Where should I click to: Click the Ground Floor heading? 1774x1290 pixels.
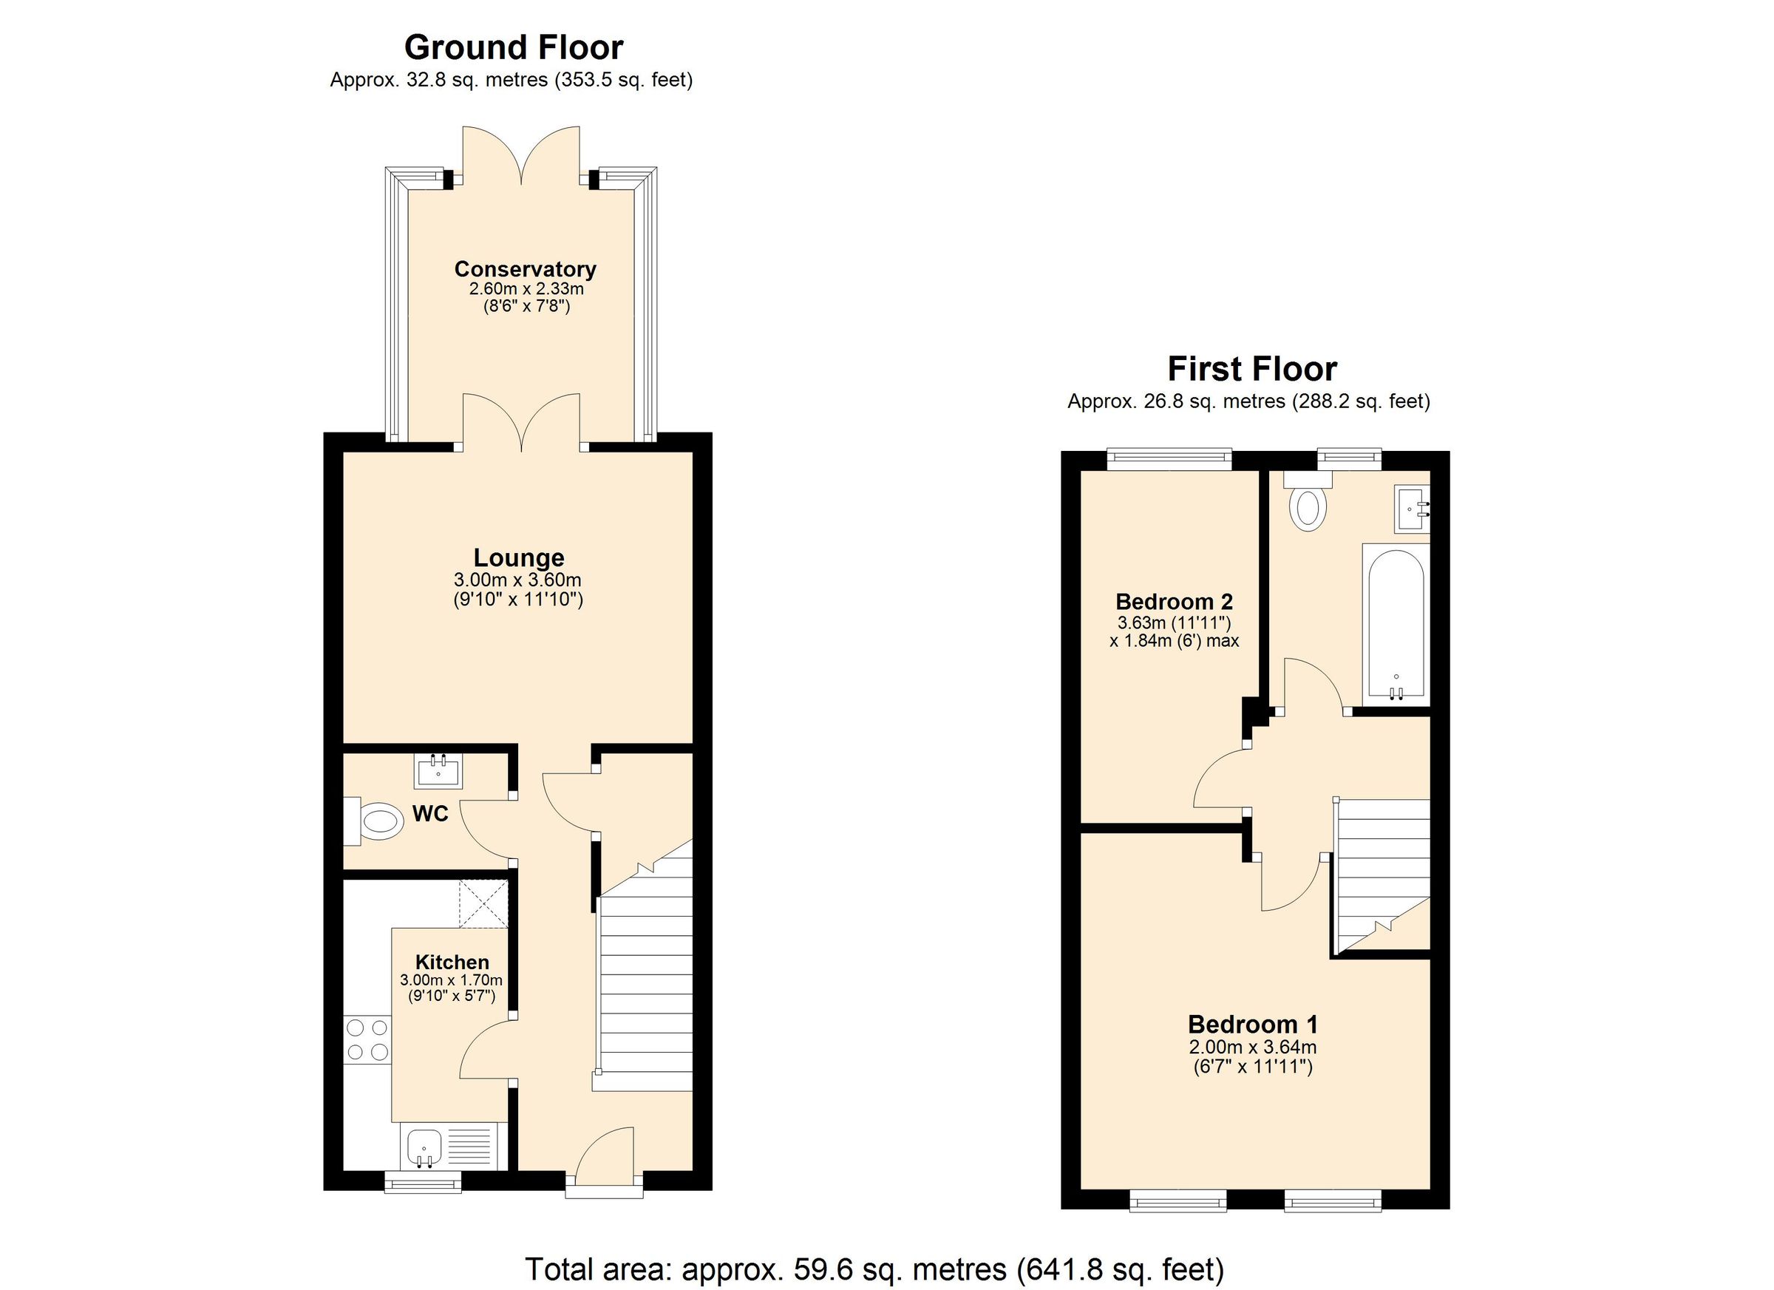[513, 48]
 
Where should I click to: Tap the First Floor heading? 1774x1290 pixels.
[1252, 368]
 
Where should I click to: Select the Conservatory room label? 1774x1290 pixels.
[526, 269]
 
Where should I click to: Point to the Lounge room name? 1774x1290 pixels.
[519, 558]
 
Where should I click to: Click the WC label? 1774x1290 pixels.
[430, 815]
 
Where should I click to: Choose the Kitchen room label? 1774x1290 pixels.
[452, 963]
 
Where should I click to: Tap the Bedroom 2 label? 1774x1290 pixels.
[1174, 602]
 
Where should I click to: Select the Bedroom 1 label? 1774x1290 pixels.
[1253, 1024]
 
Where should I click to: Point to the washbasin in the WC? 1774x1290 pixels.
[438, 769]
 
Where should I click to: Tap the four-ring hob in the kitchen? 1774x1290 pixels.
[367, 1039]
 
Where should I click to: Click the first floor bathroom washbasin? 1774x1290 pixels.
[1412, 509]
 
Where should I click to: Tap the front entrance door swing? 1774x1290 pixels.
[606, 1150]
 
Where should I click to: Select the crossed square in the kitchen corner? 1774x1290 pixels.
[483, 903]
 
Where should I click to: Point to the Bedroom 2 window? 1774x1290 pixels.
[1169, 459]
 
